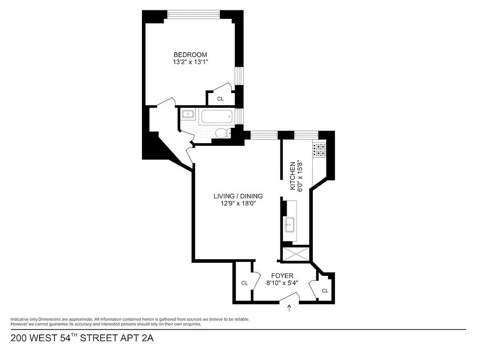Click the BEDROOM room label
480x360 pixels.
click(x=190, y=55)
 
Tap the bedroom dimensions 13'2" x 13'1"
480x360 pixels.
click(x=190, y=62)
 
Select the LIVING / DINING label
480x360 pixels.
click(x=238, y=196)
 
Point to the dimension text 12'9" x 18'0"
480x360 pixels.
click(x=238, y=203)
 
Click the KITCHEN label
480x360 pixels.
click(x=293, y=176)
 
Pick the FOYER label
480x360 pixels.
click(x=282, y=276)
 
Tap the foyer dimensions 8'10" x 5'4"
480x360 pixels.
click(x=282, y=283)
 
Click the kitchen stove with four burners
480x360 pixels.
click(x=319, y=150)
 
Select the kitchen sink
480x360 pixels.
click(x=290, y=223)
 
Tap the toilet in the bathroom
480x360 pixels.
click(x=221, y=133)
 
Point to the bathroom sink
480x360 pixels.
click(x=188, y=114)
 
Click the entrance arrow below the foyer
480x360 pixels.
click(x=289, y=308)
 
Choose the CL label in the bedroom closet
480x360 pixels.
click(x=220, y=99)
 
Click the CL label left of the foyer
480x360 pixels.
click(x=244, y=283)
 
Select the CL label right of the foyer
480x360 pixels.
click(x=325, y=291)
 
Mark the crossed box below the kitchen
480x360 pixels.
click(x=295, y=254)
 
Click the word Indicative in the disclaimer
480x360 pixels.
click(x=20, y=319)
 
